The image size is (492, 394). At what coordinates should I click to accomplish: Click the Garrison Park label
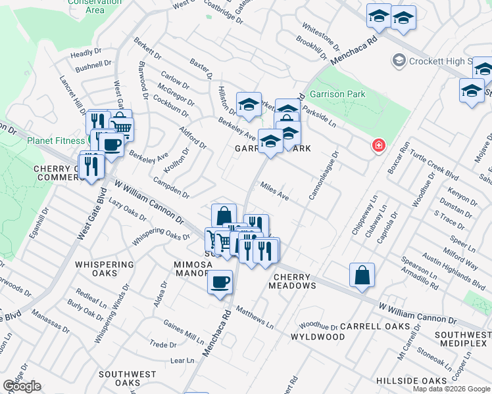[337, 94]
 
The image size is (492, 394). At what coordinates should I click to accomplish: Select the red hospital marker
[378, 145]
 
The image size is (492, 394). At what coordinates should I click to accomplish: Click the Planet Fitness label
[55, 140]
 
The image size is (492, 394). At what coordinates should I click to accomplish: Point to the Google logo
[22, 386]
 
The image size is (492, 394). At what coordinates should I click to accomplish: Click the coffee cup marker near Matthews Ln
[220, 282]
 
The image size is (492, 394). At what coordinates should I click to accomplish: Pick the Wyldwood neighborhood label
[318, 337]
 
